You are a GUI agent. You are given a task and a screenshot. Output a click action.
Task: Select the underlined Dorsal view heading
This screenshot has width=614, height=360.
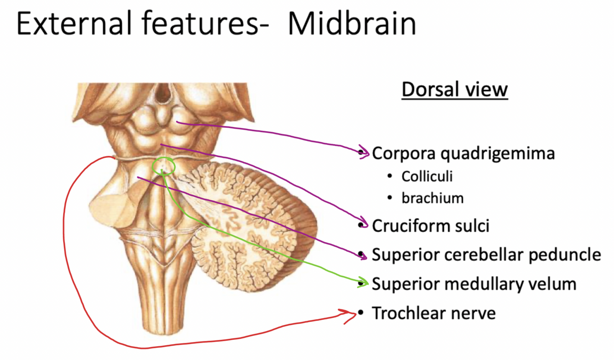click(455, 90)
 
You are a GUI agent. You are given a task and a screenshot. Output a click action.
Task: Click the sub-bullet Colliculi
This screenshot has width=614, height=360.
click(427, 176)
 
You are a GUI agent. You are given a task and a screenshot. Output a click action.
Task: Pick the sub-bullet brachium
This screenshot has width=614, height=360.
click(432, 198)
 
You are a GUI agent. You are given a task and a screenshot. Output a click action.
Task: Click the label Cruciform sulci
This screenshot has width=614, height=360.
click(430, 226)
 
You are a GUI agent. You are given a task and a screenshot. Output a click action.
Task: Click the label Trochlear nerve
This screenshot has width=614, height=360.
click(434, 314)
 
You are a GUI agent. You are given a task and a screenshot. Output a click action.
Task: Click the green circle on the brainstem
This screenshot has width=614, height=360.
click(164, 165)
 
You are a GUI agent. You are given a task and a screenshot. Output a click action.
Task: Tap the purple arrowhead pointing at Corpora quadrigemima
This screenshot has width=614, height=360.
click(365, 153)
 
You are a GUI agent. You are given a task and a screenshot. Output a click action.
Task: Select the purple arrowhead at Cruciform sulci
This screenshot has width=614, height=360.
click(364, 225)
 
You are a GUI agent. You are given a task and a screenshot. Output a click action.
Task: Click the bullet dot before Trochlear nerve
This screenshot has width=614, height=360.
click(361, 314)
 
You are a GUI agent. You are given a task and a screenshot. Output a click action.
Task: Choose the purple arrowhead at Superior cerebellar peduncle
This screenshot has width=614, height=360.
click(364, 254)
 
